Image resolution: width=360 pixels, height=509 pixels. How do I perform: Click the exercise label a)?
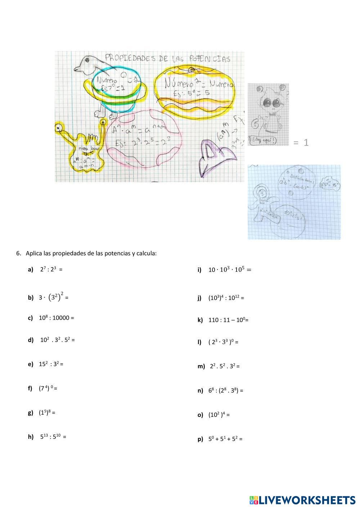pos(30,269)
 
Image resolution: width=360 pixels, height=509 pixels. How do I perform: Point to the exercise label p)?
pos(200,439)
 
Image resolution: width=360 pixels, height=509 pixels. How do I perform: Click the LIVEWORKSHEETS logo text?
pos(307,500)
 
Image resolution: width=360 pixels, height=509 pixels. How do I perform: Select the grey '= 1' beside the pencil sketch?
pos(301,143)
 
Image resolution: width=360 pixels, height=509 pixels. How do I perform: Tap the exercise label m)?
pos(201,366)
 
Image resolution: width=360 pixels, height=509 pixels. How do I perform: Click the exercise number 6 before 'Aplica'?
pos(18,253)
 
